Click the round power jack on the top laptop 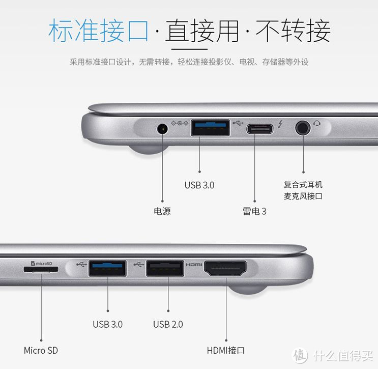pyautogui.click(x=162, y=129)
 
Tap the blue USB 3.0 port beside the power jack pyautogui.click(x=210, y=128)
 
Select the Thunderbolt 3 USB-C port pyautogui.click(x=259, y=129)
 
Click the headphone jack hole pyautogui.click(x=303, y=128)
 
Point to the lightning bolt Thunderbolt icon pyautogui.click(x=280, y=124)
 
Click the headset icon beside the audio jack pyautogui.click(x=317, y=124)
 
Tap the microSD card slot pyautogui.click(x=41, y=269)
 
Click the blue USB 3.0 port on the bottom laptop pyautogui.click(x=107, y=268)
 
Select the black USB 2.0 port pyautogui.click(x=165, y=268)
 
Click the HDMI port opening pyautogui.click(x=225, y=268)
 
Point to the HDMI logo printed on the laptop pyautogui.click(x=194, y=265)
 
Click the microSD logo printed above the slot pyautogui.click(x=42, y=263)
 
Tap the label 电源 pyautogui.click(x=162, y=211)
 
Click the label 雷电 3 pyautogui.click(x=254, y=211)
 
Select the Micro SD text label pyautogui.click(x=41, y=351)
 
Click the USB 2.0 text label pyautogui.click(x=168, y=324)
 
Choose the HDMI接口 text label pyautogui.click(x=226, y=351)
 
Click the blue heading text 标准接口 pyautogui.click(x=98, y=31)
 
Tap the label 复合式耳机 pyautogui.click(x=303, y=185)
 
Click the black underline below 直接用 pyautogui.click(x=189, y=49)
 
